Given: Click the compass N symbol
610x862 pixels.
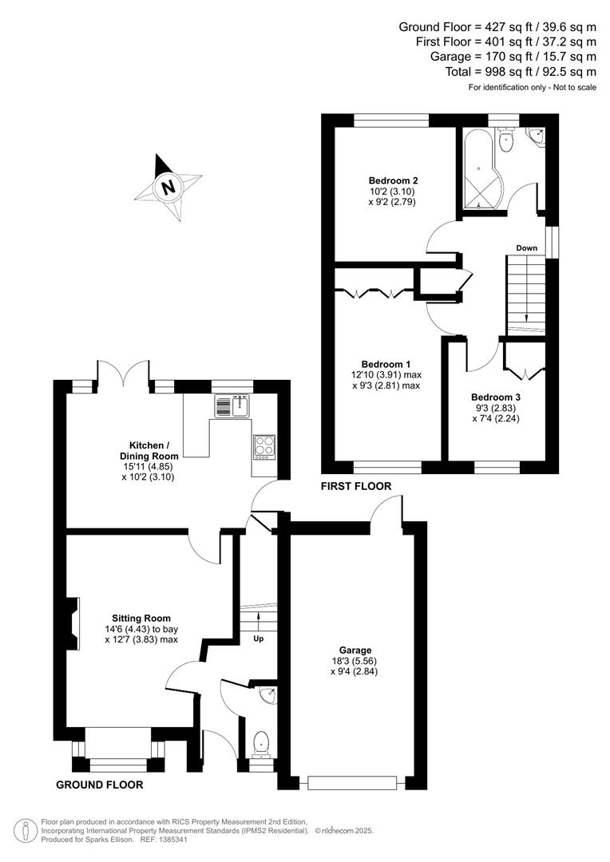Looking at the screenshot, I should coord(168,188).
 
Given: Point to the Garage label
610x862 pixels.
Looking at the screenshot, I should coord(354,650).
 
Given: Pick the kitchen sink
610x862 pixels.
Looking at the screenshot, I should coord(232,405).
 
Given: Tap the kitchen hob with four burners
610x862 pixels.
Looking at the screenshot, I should coord(264,445).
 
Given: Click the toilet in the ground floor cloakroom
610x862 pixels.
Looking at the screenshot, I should coord(260,744).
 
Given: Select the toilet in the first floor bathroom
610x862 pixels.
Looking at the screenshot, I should coord(505,143).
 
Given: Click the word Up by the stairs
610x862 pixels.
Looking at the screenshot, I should coord(259,639).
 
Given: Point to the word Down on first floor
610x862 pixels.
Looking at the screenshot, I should coord(526,248).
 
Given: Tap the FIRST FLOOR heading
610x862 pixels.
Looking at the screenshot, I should coord(356,485).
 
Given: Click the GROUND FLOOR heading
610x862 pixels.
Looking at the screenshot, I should coord(100,785).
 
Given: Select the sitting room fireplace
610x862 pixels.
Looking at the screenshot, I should coord(73,623).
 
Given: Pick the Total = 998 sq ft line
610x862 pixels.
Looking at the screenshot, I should coord(521,71).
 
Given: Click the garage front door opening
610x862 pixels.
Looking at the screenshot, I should coord(352,782).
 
